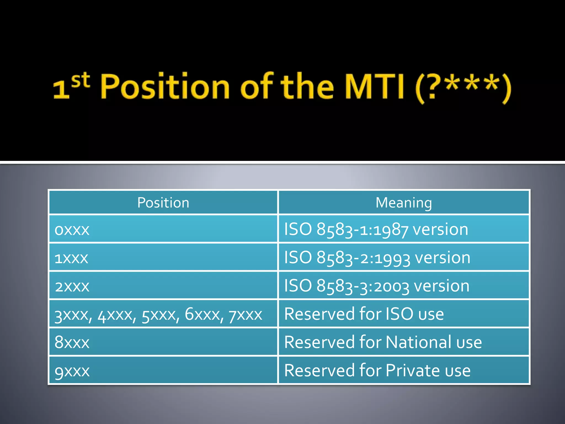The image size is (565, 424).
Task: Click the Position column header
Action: (x=163, y=203)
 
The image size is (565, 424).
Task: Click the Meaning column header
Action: (x=404, y=203)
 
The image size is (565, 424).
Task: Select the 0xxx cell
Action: (x=72, y=230)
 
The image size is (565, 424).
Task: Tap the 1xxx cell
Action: (x=71, y=258)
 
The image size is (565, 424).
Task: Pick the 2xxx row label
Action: (x=72, y=287)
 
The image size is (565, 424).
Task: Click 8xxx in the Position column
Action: (x=72, y=343)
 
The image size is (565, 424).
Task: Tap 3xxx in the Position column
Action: (x=72, y=315)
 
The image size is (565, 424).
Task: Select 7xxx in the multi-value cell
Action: (x=245, y=315)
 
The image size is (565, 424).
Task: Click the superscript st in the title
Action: (x=81, y=80)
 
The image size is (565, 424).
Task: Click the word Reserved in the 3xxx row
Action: (x=319, y=314)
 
